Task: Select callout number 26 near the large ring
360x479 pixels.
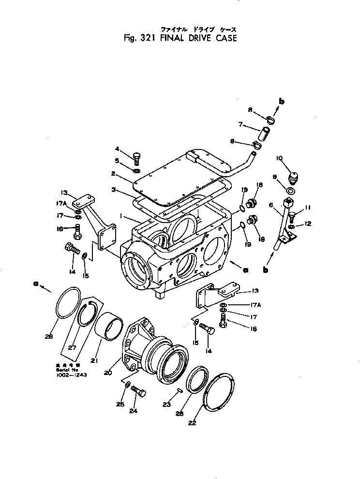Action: pyautogui.click(x=49, y=336)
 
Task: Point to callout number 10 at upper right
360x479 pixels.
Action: pyautogui.click(x=279, y=158)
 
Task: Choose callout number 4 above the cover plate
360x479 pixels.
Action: pyautogui.click(x=117, y=149)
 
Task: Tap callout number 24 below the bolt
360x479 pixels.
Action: pyautogui.click(x=133, y=411)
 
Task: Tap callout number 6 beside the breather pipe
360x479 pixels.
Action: pyautogui.click(x=270, y=205)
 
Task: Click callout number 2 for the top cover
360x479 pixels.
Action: pyautogui.click(x=112, y=173)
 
